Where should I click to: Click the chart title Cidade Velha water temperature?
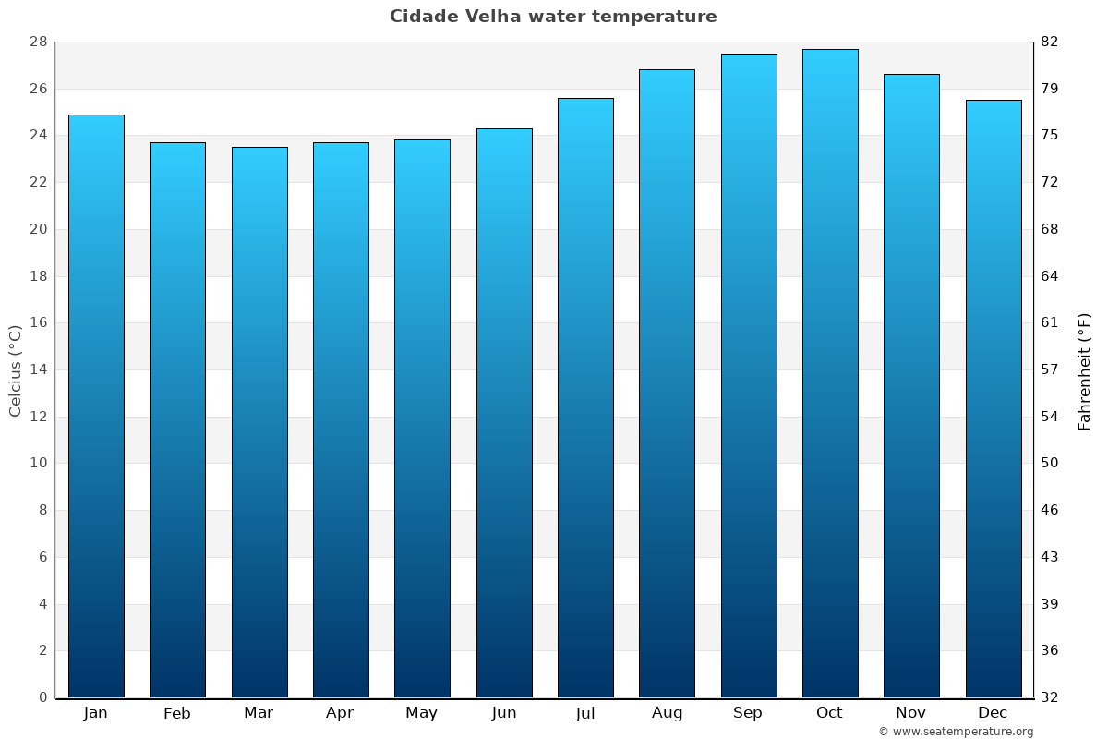point(553,17)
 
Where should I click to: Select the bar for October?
point(829,373)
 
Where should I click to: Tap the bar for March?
point(259,422)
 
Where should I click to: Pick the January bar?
point(96,406)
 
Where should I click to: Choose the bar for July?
point(585,397)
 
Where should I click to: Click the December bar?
point(993,398)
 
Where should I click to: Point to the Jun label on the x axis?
point(504,713)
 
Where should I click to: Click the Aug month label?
point(667,713)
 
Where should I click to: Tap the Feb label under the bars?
point(177,713)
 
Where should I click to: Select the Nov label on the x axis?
point(911,713)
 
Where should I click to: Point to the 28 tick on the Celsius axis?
point(38,42)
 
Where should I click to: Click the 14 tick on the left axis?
point(38,369)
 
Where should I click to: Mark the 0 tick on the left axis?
point(42,697)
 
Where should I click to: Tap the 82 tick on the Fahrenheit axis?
point(1049,42)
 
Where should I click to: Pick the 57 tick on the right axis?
point(1049,369)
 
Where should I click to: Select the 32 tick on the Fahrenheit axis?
point(1049,697)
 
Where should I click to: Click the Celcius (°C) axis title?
point(16,369)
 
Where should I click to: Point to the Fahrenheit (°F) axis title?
point(1084,371)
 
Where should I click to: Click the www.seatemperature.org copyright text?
point(956,732)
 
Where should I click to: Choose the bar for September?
point(748,375)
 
